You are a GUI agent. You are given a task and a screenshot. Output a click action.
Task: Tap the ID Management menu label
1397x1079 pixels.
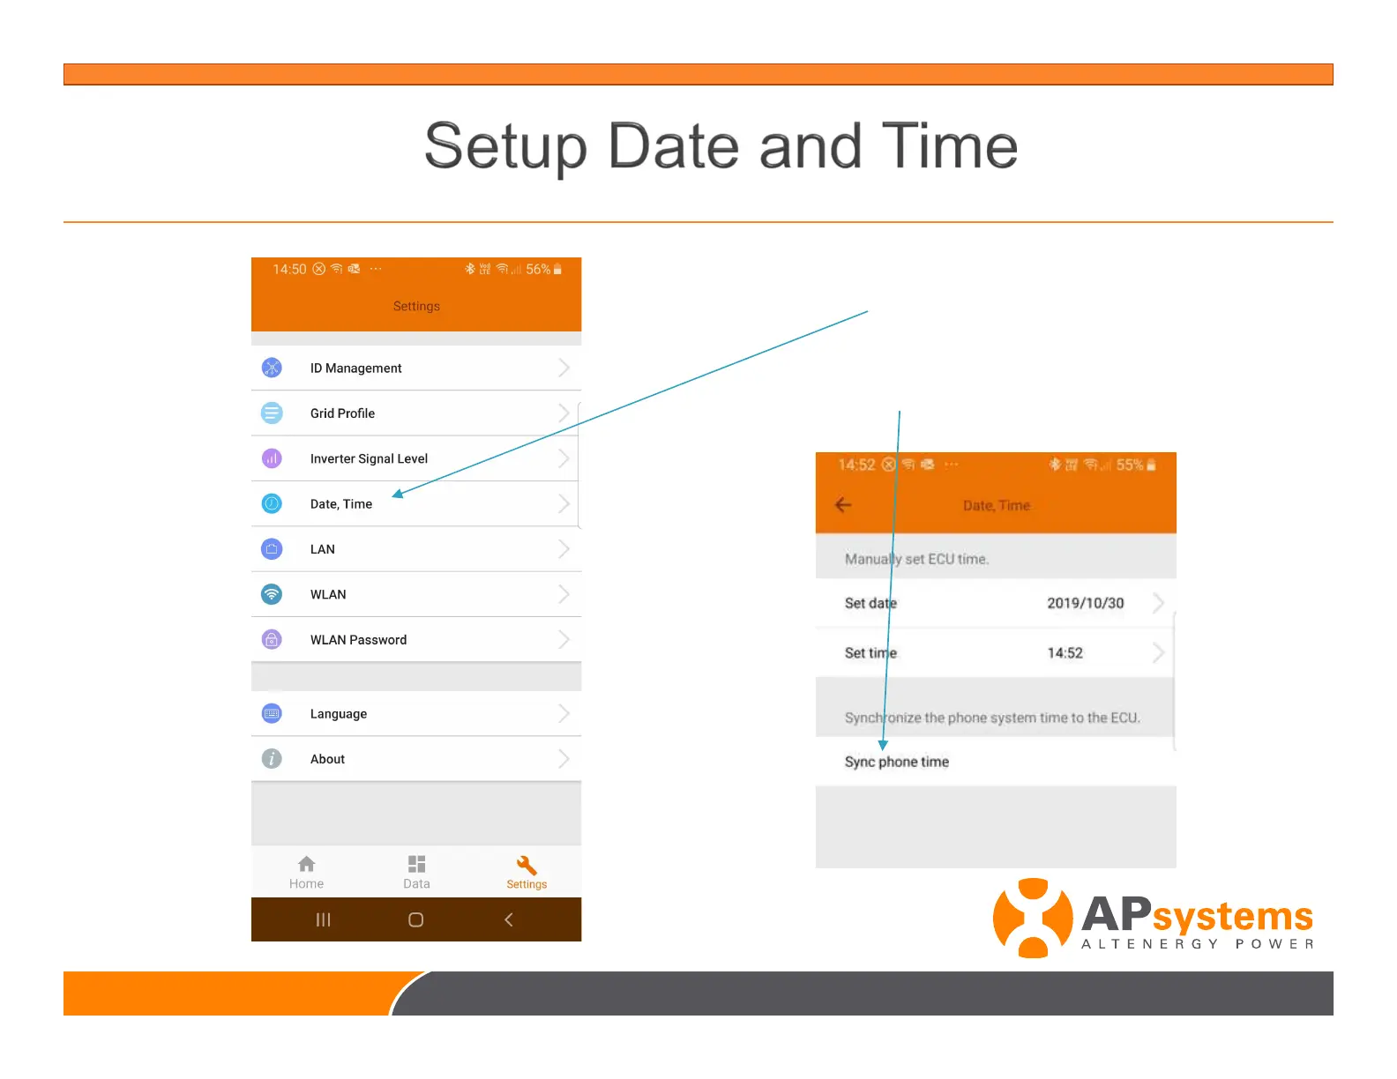[355, 368]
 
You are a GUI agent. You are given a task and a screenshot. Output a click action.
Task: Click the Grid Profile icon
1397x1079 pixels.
[272, 413]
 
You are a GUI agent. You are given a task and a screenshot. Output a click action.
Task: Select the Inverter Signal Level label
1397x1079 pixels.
[369, 459]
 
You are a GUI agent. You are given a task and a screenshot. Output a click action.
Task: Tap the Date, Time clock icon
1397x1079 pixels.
[272, 504]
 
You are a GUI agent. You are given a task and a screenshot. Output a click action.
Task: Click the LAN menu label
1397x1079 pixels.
[322, 549]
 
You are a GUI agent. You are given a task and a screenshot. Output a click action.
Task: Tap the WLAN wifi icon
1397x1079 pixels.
[272, 594]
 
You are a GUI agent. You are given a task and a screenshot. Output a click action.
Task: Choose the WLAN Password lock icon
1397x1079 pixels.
[272, 640]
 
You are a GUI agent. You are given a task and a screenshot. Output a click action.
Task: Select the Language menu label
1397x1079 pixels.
[338, 714]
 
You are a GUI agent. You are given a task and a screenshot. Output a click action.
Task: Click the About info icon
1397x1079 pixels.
[272, 759]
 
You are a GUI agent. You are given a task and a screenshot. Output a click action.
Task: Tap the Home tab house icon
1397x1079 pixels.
[307, 864]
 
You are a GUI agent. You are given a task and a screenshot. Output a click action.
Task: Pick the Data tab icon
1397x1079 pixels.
[416, 864]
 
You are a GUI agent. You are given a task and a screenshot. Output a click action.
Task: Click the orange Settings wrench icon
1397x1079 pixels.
[527, 865]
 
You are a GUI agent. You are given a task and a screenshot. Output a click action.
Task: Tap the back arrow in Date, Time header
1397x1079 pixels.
[843, 505]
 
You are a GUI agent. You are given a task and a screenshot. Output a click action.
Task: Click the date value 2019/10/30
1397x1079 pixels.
[1085, 604]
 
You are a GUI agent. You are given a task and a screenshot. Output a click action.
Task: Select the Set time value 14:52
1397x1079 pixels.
[1065, 653]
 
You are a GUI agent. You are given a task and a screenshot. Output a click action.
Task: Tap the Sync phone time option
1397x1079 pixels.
[896, 763]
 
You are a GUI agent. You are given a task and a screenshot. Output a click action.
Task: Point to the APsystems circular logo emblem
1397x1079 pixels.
[1033, 918]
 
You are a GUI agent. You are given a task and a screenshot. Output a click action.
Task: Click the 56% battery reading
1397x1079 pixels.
[537, 269]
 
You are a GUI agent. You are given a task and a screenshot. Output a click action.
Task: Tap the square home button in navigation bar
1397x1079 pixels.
[416, 919]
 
